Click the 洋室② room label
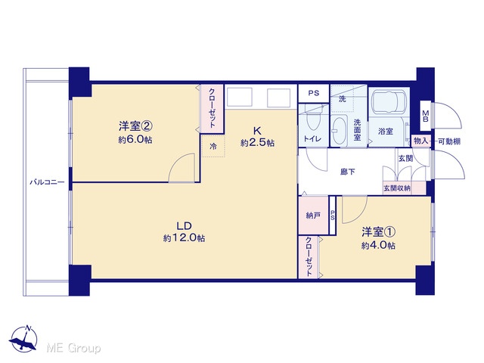135,126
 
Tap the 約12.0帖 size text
185,238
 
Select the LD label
185,226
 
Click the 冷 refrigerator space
213,146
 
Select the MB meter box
426,116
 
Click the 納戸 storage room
313,215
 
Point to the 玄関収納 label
397,188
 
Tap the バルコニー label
47,182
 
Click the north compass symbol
23,339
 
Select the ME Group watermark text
73,348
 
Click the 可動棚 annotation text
449,141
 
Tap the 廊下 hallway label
347,172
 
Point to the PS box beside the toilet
314,93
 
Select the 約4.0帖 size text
378,245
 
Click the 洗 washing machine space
343,98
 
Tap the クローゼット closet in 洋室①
309,257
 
